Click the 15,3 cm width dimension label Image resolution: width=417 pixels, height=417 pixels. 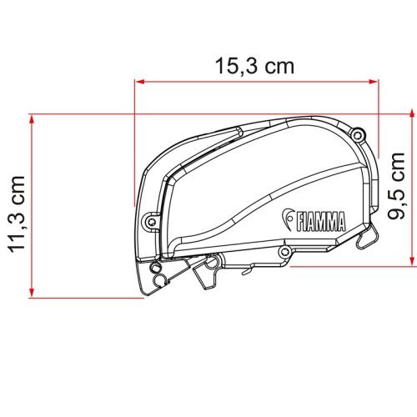coord(256,67)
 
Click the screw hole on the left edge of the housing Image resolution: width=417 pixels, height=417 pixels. coord(150,222)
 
